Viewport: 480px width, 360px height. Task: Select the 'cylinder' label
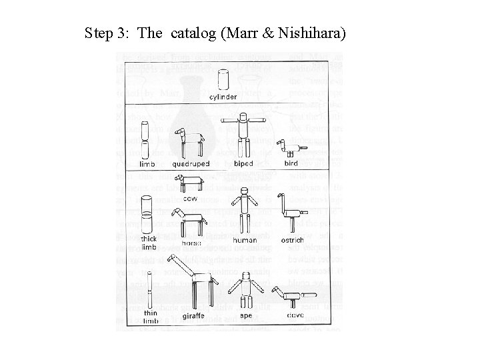pos(223,97)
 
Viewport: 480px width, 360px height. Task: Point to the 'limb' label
pos(147,163)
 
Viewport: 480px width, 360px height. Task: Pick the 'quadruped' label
pos(191,163)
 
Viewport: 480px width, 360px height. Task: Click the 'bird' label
pos(291,163)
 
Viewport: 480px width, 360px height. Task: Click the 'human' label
pos(245,240)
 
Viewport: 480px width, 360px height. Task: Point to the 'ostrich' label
pos(291,240)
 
